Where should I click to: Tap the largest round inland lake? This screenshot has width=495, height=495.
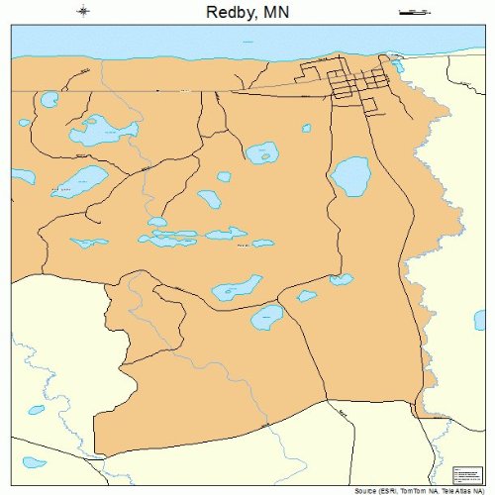[348, 176]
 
